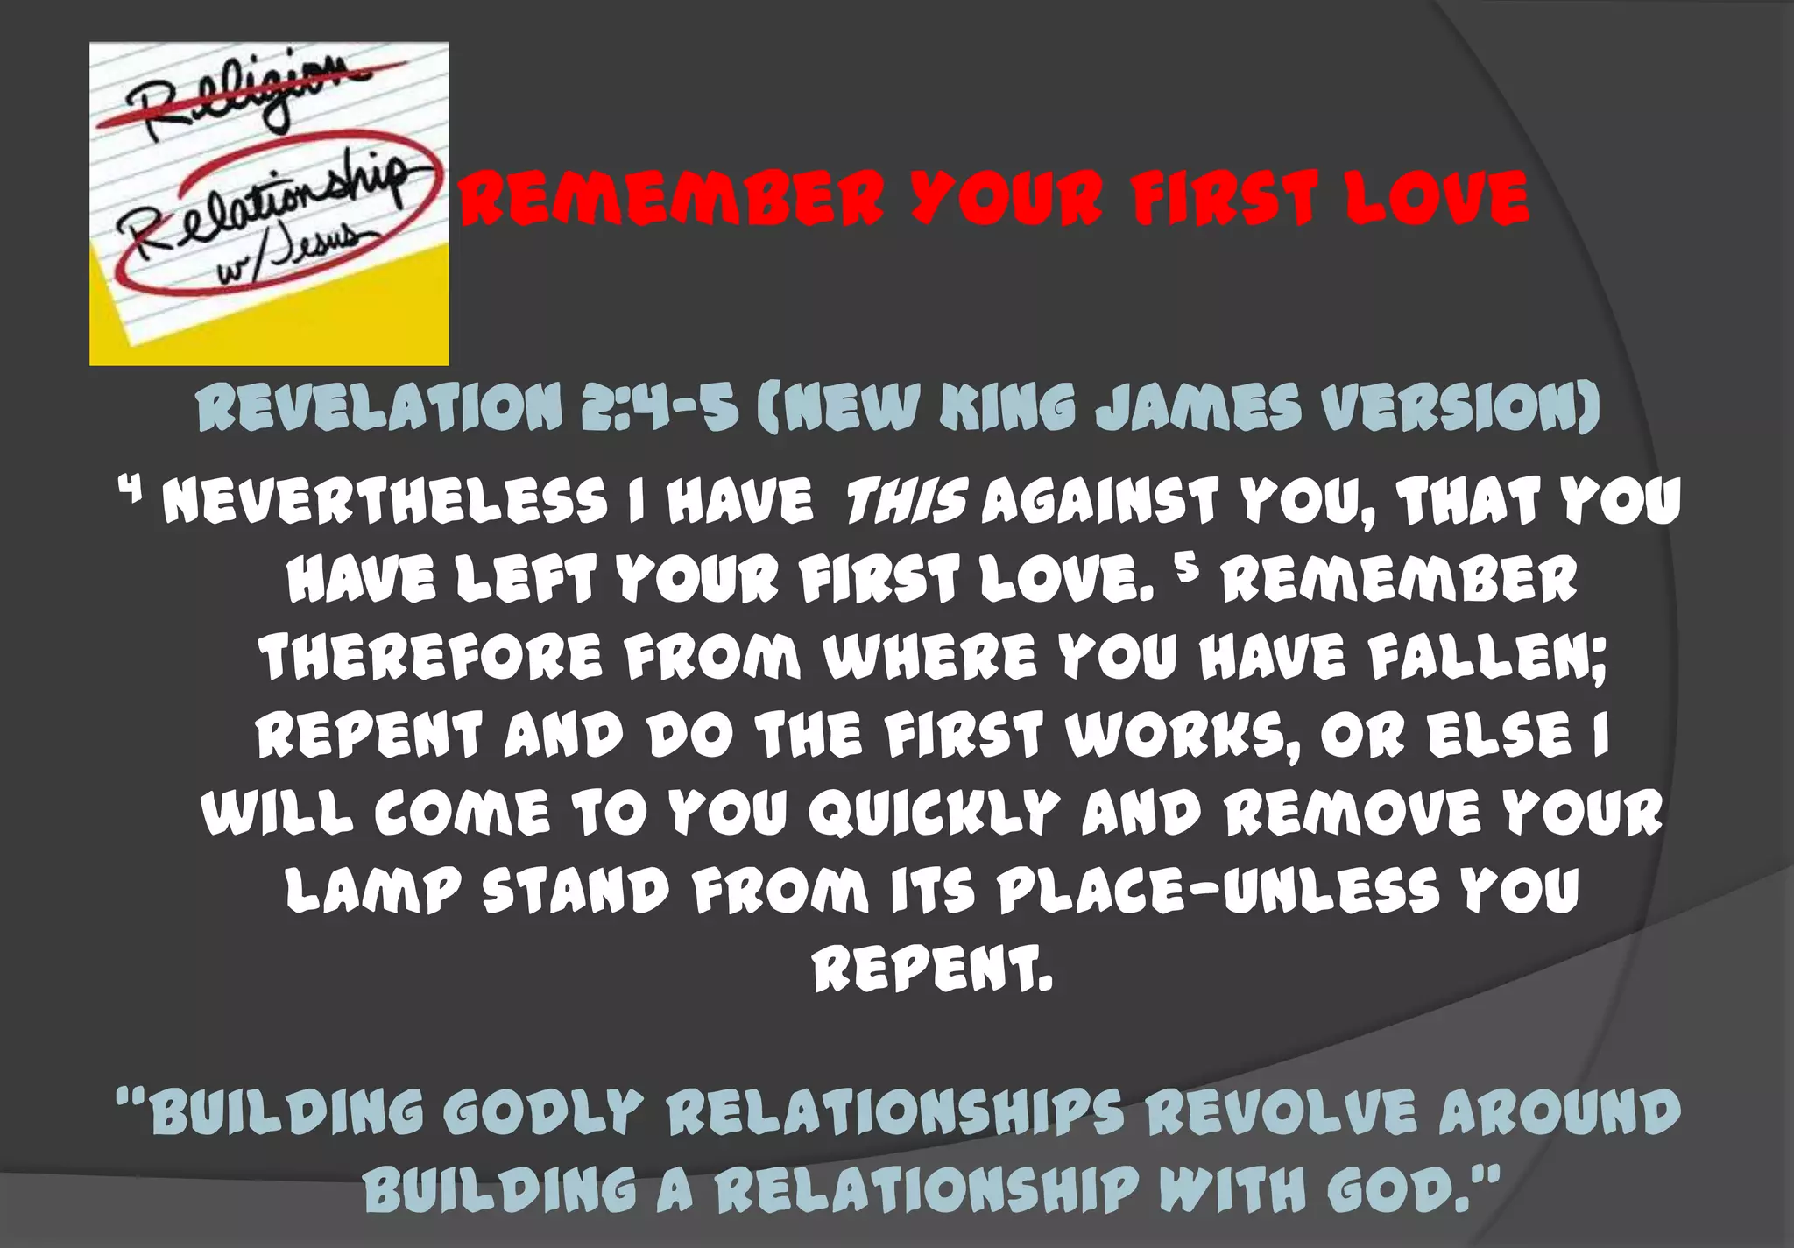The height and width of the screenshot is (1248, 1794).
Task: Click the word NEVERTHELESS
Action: pyautogui.click(x=385, y=503)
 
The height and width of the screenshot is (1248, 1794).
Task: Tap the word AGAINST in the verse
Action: pyautogui.click(x=1099, y=503)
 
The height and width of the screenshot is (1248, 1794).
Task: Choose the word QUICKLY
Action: pyautogui.click(x=933, y=813)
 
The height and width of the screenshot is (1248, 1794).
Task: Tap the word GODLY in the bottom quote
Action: pyautogui.click(x=543, y=1112)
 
